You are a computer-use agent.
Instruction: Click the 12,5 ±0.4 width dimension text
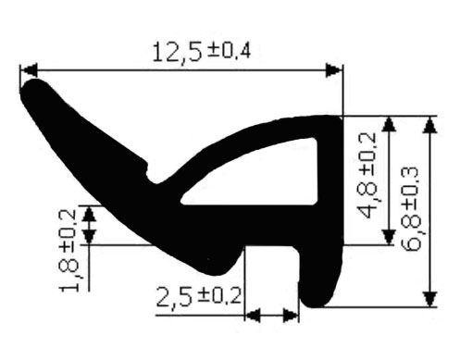[201, 52]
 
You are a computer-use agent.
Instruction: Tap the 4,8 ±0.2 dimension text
[367, 175]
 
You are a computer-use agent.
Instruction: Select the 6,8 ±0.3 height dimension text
[411, 209]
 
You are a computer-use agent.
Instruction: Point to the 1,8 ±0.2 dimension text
[68, 251]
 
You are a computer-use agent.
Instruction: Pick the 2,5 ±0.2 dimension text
[199, 296]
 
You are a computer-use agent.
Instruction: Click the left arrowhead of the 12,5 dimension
[30, 70]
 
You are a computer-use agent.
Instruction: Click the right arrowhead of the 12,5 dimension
[334, 70]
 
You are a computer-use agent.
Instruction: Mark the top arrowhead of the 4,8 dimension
[389, 125]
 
